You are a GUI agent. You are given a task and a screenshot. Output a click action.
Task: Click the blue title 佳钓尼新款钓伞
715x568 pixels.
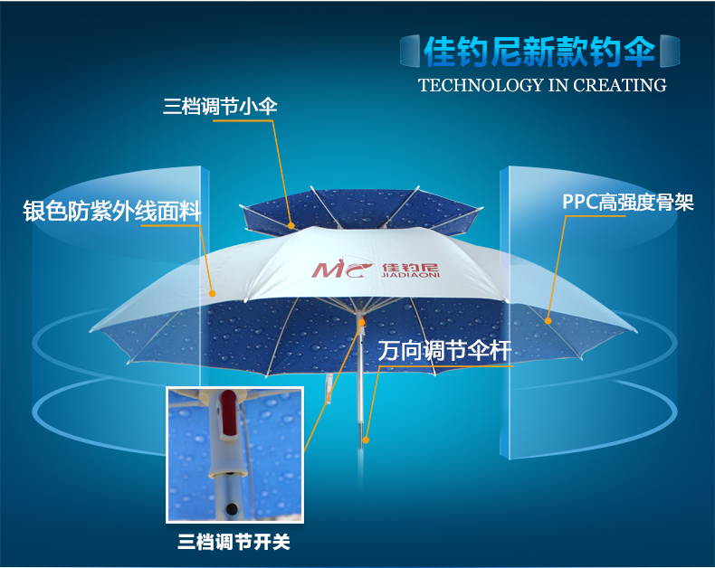click(x=539, y=51)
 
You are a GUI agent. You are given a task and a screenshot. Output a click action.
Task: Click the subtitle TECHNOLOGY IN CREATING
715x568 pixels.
click(x=542, y=85)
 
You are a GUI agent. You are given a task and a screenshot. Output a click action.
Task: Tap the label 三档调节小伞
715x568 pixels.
click(x=220, y=107)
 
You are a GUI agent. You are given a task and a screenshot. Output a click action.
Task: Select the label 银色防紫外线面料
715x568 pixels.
click(x=112, y=211)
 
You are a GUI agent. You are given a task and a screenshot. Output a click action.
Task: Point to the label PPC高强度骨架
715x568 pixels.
click(x=628, y=203)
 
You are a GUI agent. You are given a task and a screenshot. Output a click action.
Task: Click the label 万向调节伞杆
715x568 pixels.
click(x=444, y=351)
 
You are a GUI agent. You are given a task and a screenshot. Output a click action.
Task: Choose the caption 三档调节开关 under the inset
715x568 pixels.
click(x=234, y=543)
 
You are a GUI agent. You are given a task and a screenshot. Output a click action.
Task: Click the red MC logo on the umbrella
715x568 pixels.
click(x=341, y=269)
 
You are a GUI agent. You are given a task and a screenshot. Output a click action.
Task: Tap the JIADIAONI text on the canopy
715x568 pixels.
click(x=410, y=275)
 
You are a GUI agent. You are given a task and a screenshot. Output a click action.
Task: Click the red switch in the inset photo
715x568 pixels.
click(x=229, y=412)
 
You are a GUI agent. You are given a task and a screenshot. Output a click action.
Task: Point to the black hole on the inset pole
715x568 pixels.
click(x=232, y=507)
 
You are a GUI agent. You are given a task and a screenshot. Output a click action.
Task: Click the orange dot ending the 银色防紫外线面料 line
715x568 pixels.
click(x=212, y=294)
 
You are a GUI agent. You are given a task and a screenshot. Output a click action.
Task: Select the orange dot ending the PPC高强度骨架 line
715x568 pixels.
click(x=548, y=321)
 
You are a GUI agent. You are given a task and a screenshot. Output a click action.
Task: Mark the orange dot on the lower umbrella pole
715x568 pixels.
click(x=366, y=440)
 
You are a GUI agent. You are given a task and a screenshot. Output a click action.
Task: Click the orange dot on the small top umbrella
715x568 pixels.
click(x=291, y=225)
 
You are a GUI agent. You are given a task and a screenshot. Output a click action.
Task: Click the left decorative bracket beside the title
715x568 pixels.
click(x=410, y=51)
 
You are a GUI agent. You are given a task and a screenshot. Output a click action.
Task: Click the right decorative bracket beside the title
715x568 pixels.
click(x=670, y=51)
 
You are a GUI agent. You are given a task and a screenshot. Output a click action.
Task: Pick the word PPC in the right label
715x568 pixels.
click(x=580, y=202)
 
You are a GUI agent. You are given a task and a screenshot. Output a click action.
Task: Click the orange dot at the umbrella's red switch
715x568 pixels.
click(x=362, y=323)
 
